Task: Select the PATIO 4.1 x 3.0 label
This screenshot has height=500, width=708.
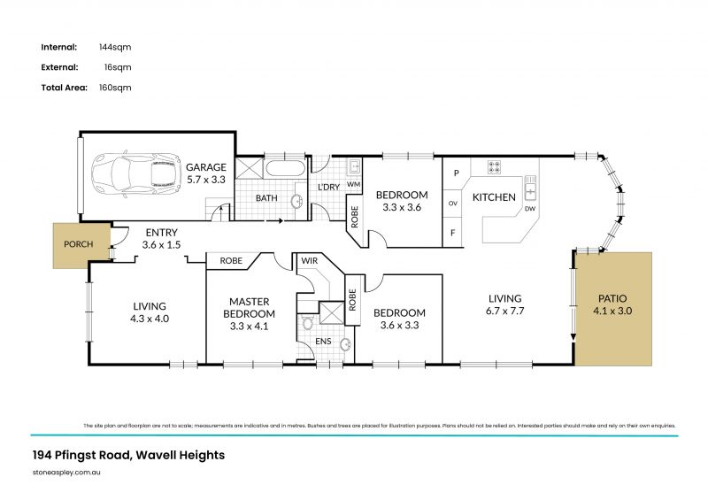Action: (612, 304)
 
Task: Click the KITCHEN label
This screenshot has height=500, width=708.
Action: (494, 196)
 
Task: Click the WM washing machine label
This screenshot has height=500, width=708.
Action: (353, 184)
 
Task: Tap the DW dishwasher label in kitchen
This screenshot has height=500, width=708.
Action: (530, 209)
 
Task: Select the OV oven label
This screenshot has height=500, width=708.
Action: (454, 203)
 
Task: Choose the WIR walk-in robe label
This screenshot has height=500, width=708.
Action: (311, 261)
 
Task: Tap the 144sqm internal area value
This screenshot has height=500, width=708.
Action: (118, 47)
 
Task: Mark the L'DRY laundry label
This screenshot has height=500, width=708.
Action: (328, 188)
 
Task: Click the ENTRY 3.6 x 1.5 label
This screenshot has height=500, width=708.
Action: (161, 238)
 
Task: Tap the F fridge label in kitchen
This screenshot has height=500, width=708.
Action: (455, 233)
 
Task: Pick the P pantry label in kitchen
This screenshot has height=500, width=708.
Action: (455, 173)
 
